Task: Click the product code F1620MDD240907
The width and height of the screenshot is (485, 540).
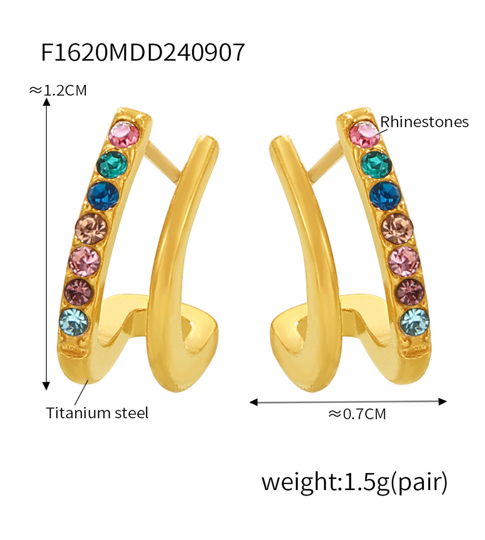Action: click(143, 52)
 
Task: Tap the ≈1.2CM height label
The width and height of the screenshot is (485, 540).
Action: click(58, 90)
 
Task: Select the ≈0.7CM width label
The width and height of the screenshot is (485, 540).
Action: click(357, 414)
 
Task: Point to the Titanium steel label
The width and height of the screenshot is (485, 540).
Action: click(97, 413)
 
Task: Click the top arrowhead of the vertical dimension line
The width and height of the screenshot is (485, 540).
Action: click(47, 102)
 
